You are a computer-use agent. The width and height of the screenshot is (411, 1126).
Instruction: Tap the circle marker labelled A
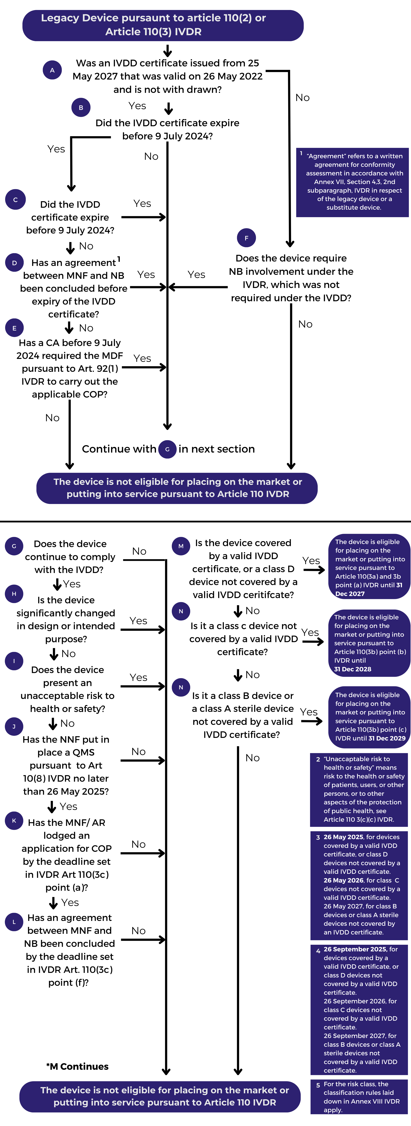pyautogui.click(x=52, y=70)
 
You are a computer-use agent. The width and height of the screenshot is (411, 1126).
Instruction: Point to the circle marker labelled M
pyautogui.click(x=181, y=546)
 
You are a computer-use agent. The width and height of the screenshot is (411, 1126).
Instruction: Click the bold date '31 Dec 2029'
pyautogui.click(x=387, y=738)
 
